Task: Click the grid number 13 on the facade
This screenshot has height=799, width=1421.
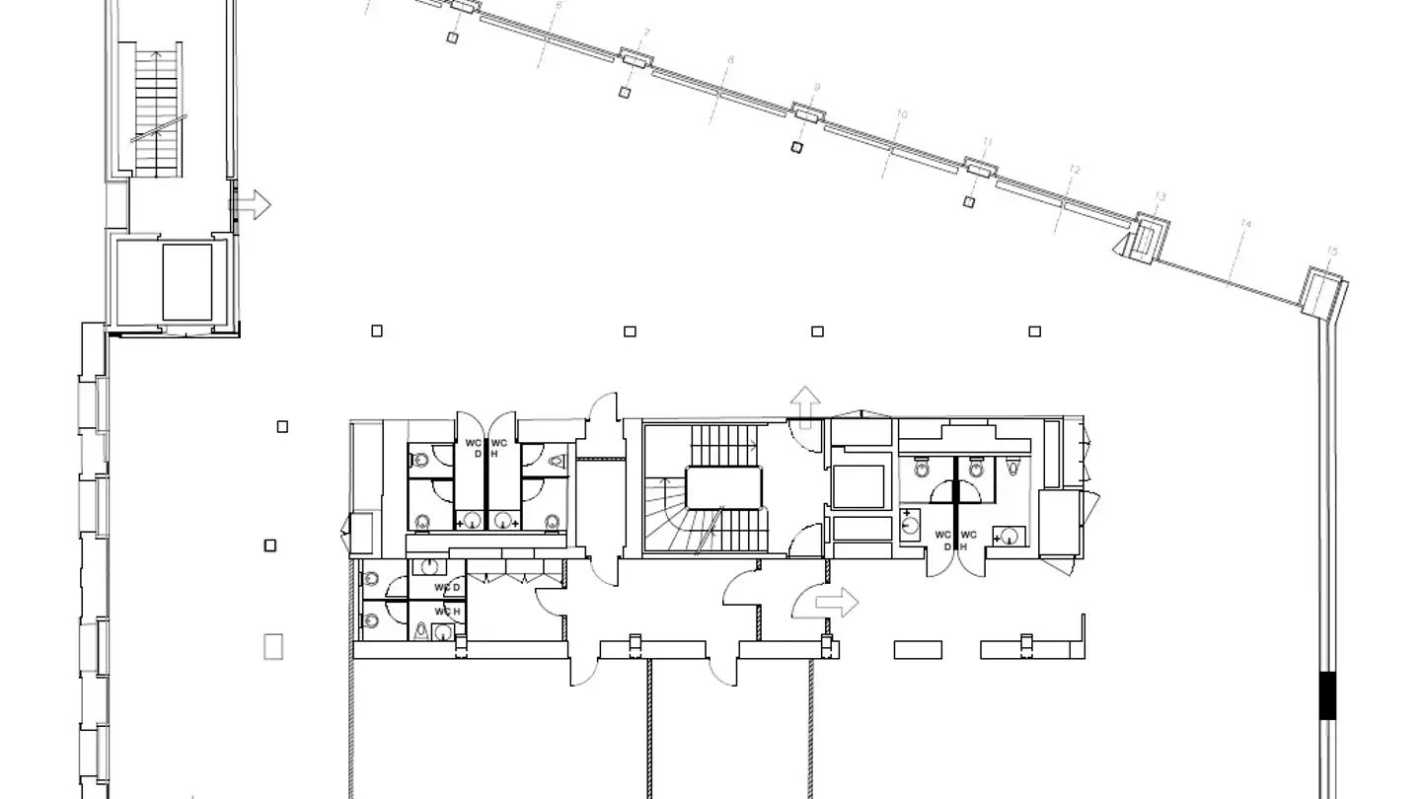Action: coord(1160,197)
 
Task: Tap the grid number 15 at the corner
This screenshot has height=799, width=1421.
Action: coord(1332,253)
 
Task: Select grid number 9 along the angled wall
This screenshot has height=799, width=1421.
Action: coord(816,88)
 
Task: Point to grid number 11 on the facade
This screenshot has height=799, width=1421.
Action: coord(988,143)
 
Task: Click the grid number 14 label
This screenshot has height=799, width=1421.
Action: coord(1245,225)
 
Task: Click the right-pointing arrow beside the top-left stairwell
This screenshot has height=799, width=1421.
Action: coord(252,205)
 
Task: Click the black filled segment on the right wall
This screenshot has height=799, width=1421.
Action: coord(1328,694)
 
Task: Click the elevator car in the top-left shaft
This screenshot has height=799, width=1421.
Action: coord(187,282)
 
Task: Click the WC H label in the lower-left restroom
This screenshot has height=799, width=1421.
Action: coord(448,612)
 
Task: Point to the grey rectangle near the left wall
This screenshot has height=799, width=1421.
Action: coord(273,646)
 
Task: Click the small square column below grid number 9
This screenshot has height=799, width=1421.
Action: coord(797,147)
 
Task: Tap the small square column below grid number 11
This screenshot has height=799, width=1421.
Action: coord(969,202)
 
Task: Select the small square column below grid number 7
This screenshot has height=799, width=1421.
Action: coord(625,92)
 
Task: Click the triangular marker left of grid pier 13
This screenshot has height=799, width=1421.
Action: coord(1122,244)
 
